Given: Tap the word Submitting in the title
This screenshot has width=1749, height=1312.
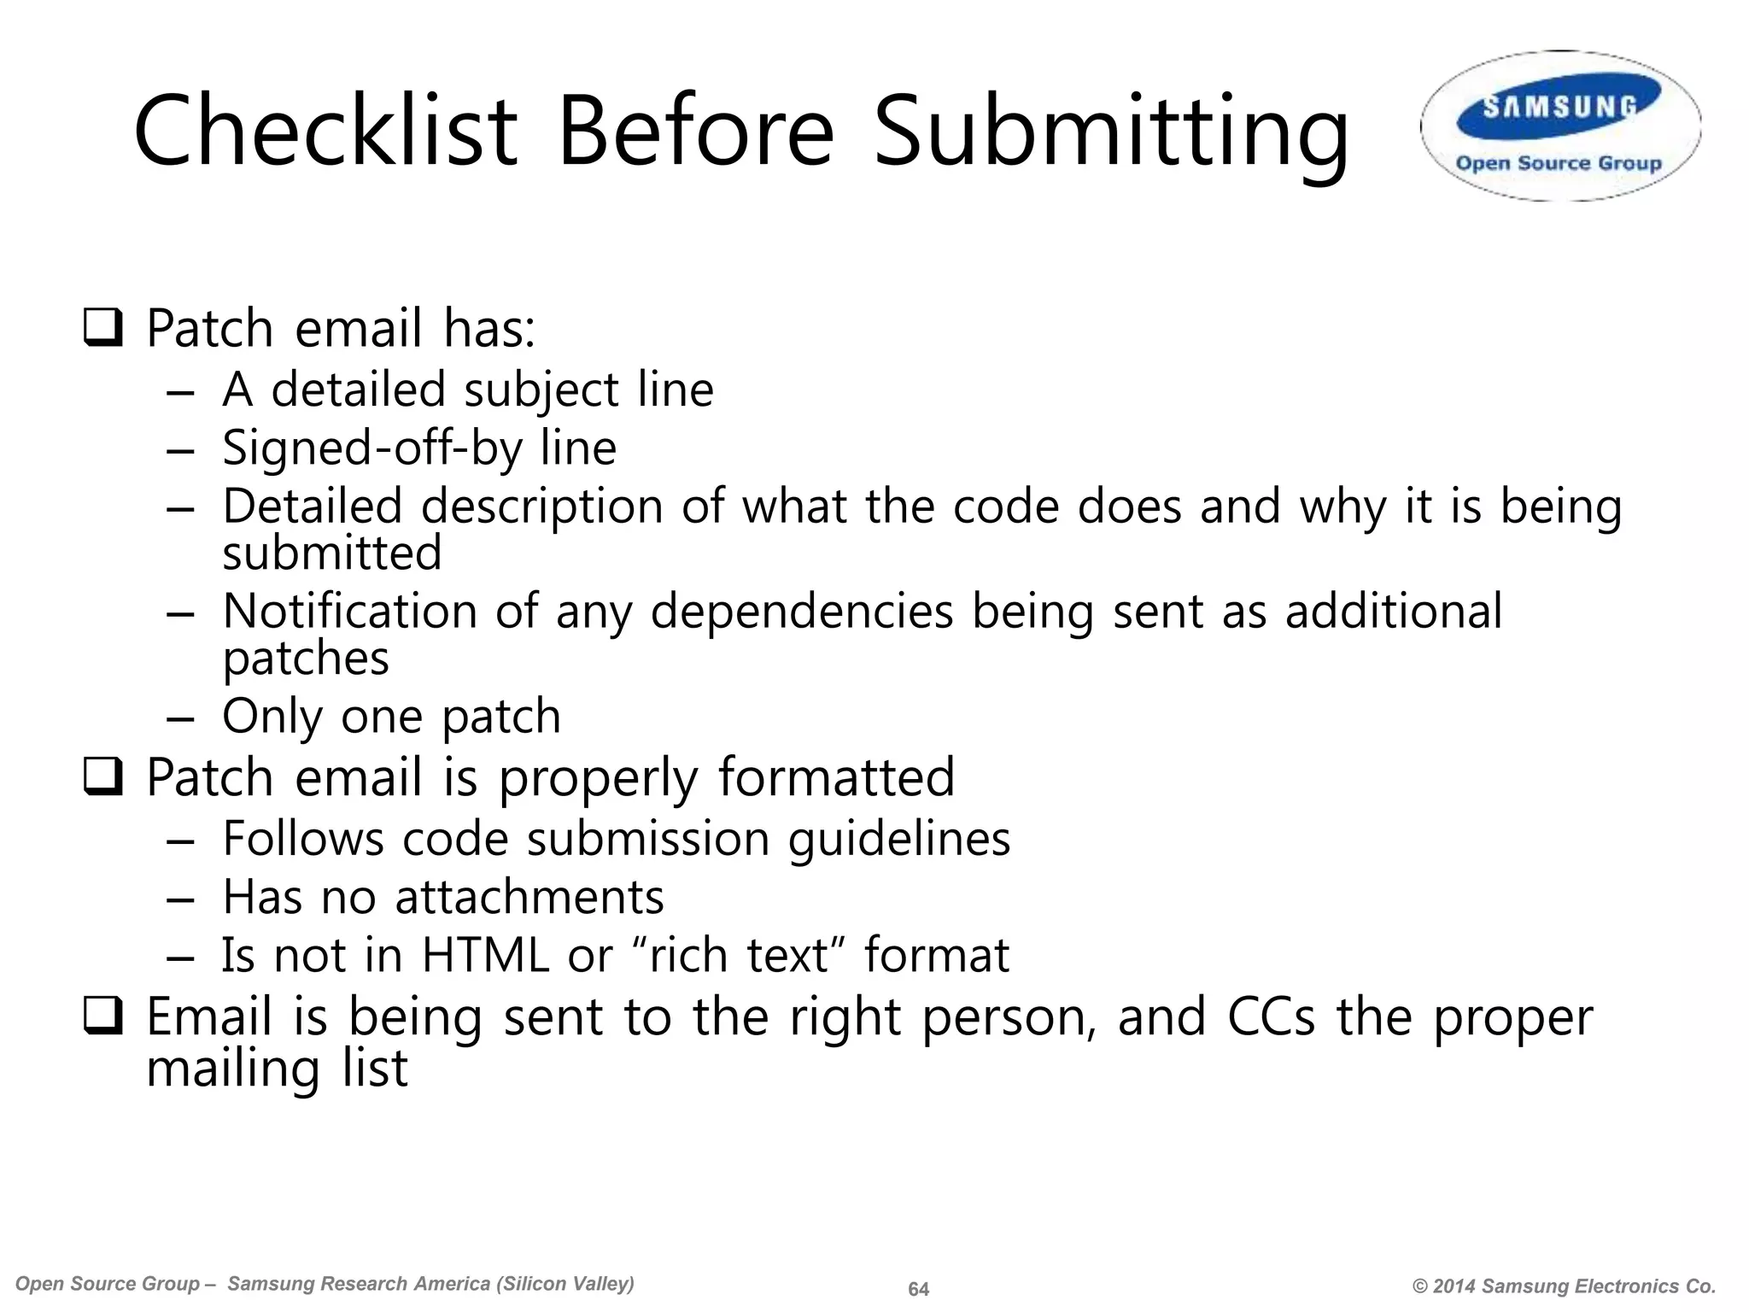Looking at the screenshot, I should (1110, 132).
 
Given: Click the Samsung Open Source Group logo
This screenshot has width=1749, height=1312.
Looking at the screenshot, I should (1560, 126).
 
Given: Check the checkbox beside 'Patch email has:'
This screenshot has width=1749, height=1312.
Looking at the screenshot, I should (102, 329).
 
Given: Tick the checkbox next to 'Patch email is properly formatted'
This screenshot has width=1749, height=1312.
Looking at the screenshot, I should (102, 778).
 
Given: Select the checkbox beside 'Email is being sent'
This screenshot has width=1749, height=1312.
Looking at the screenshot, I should (102, 1017).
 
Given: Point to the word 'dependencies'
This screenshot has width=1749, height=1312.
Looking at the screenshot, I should (801, 612).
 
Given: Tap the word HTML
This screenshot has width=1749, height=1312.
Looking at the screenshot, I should (485, 955).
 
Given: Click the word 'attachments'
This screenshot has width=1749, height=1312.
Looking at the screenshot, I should (529, 897).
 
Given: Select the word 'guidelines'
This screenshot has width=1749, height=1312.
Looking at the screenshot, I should (898, 839).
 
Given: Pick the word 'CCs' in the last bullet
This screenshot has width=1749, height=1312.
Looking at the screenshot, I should (1271, 1016).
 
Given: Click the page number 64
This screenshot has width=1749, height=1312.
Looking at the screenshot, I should (918, 1289).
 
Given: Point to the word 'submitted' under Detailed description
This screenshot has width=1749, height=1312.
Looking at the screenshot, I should (332, 553).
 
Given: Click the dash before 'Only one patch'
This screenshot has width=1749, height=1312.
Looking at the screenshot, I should (181, 717).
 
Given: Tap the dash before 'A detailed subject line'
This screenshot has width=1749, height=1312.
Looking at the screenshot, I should (181, 391).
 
